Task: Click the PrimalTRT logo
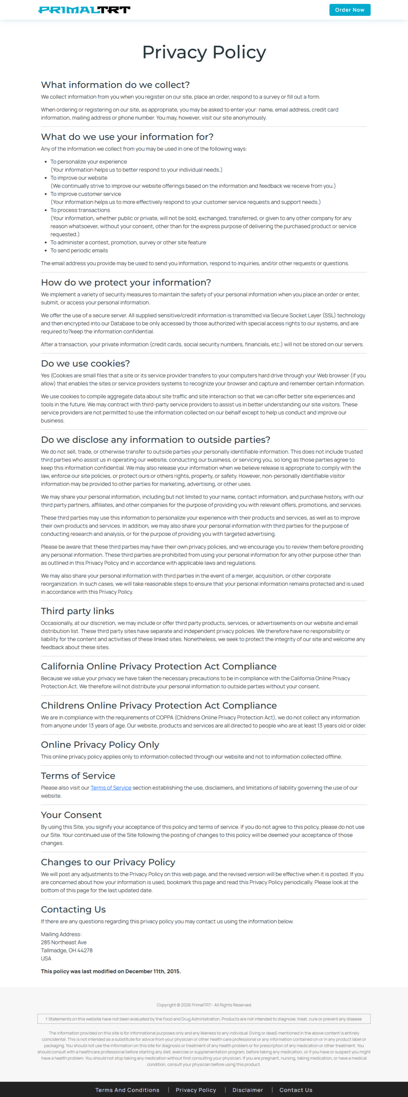point(84,10)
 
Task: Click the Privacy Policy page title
point(204,52)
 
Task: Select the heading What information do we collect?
point(115,85)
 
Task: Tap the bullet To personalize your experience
point(89,162)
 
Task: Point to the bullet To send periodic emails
point(79,250)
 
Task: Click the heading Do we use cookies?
point(85,363)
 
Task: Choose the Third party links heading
point(77,611)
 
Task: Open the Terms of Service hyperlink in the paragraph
point(111,788)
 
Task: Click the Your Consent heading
point(71,815)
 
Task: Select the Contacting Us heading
point(73,909)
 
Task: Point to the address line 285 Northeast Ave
point(64,942)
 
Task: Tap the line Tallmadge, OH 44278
point(67,950)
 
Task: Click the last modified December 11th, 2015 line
point(111,971)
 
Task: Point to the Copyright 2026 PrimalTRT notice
point(204,1005)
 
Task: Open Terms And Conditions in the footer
point(127,1090)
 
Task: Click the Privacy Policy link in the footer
point(196,1090)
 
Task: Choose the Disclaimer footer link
point(247,1090)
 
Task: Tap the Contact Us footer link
point(296,1090)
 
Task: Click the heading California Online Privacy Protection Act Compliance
point(158,666)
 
